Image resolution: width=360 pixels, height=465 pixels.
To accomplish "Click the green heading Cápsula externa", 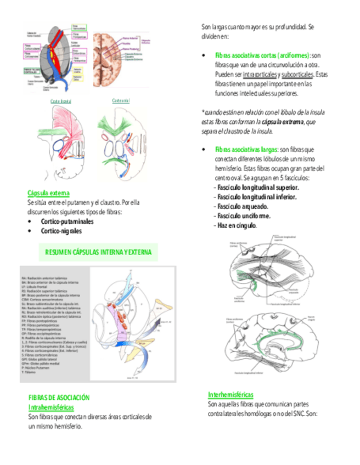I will (48, 193).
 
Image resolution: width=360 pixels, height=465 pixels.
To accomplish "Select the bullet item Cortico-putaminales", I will (67, 222).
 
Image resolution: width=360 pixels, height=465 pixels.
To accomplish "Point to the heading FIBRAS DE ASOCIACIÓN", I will (59, 398).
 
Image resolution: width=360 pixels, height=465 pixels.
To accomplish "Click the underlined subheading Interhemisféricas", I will (230, 395).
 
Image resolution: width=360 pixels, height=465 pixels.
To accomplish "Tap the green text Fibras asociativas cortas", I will (262, 55).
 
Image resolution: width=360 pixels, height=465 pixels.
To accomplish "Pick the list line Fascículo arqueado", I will (243, 206).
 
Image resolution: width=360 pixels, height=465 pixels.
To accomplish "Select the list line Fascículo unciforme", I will (244, 216).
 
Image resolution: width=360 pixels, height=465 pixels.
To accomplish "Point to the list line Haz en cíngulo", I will (237, 225).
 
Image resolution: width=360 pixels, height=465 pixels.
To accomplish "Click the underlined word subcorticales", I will (297, 75).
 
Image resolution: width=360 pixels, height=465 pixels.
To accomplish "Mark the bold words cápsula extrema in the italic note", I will (282, 123).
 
